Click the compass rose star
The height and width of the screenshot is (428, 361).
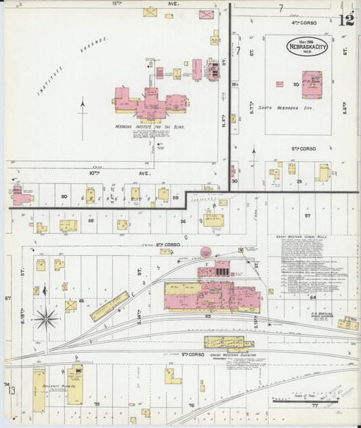tap(46, 317)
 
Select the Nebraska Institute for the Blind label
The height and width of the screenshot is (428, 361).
tap(150, 127)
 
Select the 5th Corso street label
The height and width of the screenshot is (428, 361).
tap(304, 148)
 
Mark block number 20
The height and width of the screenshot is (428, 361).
tap(295, 84)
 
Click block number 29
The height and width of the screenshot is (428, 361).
tap(299, 182)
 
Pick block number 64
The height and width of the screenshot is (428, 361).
tap(313, 297)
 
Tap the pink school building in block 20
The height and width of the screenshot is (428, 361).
tap(312, 85)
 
